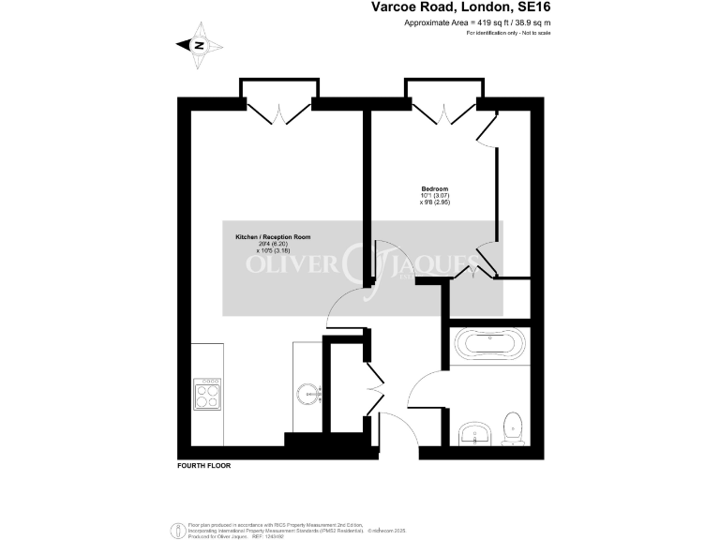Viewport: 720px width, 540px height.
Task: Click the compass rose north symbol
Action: [x=199, y=45]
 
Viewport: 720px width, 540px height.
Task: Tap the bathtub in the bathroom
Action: [x=490, y=345]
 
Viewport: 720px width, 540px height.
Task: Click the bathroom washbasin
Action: [x=477, y=433]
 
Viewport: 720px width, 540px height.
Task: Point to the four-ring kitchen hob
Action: [x=206, y=394]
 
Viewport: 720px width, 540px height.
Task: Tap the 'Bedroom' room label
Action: [x=434, y=188]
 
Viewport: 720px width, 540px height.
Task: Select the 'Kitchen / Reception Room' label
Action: [x=272, y=238]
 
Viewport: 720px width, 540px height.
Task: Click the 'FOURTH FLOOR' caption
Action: [x=203, y=466]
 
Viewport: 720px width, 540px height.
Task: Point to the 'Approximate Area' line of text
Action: [x=476, y=22]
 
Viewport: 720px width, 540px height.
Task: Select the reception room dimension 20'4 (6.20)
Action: [x=272, y=245]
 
